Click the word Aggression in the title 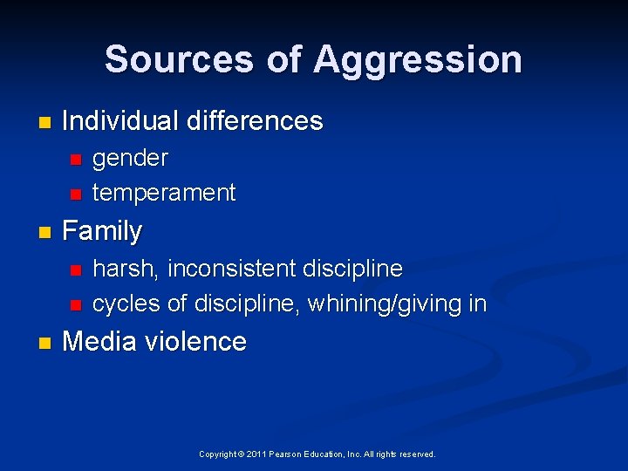(x=418, y=59)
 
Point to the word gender (x=130, y=158)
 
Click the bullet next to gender (x=75, y=159)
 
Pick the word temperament (x=164, y=193)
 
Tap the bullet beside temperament (x=75, y=194)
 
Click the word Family (x=102, y=231)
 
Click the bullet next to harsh (x=75, y=269)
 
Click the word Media (x=100, y=341)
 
